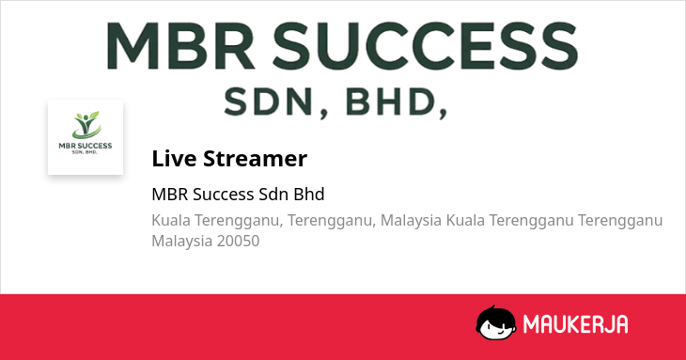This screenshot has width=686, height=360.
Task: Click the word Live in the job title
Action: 174,158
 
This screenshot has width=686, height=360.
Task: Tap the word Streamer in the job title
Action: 255,158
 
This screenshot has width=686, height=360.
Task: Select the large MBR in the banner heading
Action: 180,46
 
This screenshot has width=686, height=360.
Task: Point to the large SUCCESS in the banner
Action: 426,46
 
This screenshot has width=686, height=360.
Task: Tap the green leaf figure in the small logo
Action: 86,125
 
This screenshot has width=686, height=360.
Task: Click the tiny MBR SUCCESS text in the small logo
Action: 86,146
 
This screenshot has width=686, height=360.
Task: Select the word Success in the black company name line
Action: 224,195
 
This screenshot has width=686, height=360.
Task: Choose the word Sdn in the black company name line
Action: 273,195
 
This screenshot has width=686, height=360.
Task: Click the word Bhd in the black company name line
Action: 309,195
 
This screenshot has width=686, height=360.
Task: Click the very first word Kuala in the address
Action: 171,220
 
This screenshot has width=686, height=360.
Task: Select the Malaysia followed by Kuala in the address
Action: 411,220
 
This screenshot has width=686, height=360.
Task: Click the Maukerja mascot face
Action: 495,322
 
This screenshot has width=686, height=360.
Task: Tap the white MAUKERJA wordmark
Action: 575,324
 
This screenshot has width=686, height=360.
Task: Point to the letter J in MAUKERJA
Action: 609,324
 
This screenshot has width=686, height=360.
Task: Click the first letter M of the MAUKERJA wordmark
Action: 532,324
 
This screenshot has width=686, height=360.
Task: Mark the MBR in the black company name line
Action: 170,195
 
